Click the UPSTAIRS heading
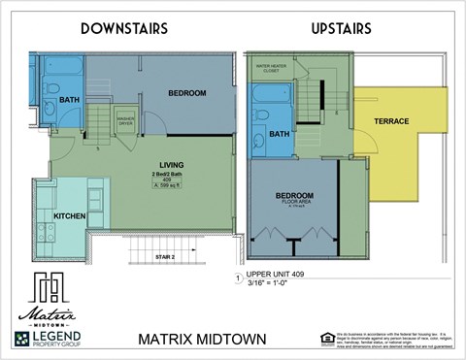(341, 28)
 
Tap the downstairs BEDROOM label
(187, 93)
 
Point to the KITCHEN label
(69, 214)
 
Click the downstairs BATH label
(69, 100)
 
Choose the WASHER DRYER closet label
(125, 122)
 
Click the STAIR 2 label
(165, 257)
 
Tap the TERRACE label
(391, 121)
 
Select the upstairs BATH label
(280, 134)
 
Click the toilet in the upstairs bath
(262, 116)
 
